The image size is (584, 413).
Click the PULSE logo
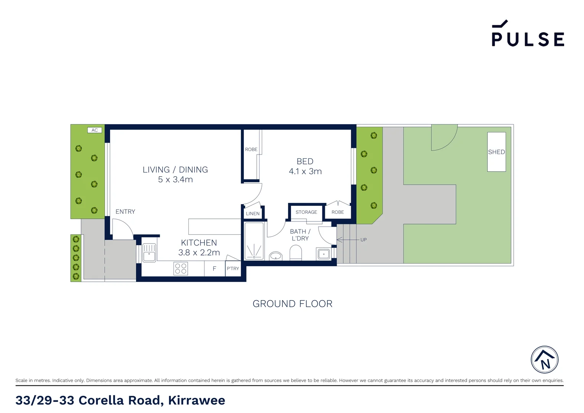[x=527, y=34]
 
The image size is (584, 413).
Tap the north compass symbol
[x=544, y=360]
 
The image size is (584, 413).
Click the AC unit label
[x=94, y=130]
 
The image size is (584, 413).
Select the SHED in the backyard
[x=496, y=152]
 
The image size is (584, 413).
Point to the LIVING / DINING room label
[x=175, y=170]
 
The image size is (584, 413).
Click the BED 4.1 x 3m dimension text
[x=305, y=171]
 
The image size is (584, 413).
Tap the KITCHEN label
[x=199, y=243]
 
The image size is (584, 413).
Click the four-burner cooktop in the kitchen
[x=180, y=268]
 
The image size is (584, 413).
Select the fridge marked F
[x=214, y=268]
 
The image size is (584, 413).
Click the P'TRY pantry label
[x=233, y=268]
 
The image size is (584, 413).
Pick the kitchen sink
[x=149, y=253]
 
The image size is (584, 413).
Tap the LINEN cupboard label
[x=253, y=214]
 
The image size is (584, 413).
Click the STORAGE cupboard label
[x=306, y=212]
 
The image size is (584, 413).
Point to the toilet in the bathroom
[x=296, y=254]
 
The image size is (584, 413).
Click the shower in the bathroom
[x=254, y=241]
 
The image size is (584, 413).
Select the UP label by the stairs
[x=363, y=240]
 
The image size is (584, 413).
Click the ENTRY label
[x=125, y=212]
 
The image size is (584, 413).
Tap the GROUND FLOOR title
[x=292, y=304]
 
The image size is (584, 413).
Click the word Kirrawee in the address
[x=196, y=400]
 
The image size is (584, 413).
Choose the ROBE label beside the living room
[x=251, y=150]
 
